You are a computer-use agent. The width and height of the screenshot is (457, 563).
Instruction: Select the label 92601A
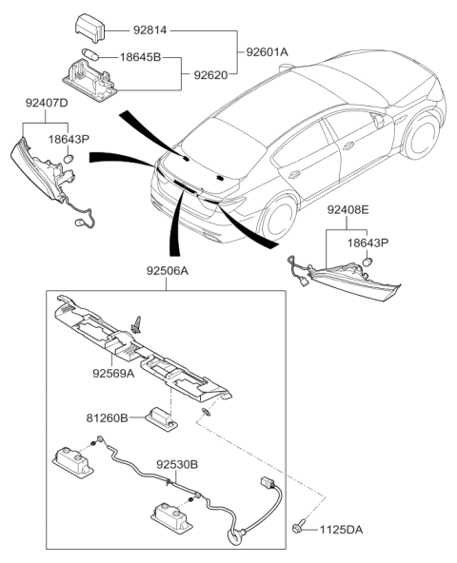[x=268, y=51]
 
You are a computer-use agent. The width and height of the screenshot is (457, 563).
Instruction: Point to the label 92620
[x=212, y=72]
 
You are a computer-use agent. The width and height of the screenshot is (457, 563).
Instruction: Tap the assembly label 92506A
[x=167, y=270]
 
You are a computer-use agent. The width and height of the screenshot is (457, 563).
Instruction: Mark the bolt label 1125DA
[x=342, y=529]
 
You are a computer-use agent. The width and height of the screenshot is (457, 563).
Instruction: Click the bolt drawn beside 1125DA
[x=303, y=525]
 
